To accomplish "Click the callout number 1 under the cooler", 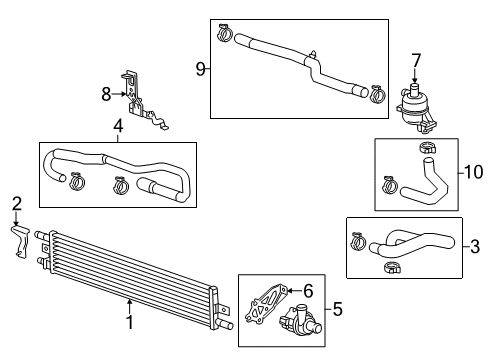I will (x=128, y=323).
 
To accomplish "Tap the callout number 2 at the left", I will (x=15, y=204).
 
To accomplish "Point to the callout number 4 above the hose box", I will (x=117, y=127).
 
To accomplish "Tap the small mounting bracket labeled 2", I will (x=21, y=239).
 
